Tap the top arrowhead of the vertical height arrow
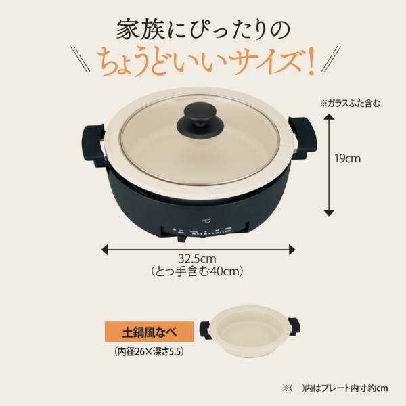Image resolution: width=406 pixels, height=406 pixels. point(328,117)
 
